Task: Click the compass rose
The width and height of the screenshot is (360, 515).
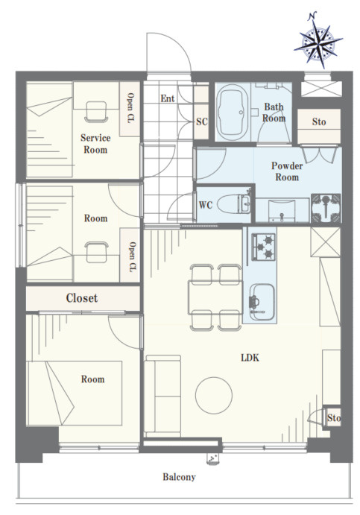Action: pyautogui.click(x=318, y=40)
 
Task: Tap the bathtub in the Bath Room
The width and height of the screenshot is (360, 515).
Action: pyautogui.click(x=232, y=112)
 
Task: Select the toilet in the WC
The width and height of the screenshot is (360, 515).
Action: pyautogui.click(x=234, y=204)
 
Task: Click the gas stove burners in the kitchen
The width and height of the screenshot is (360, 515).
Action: pyautogui.click(x=263, y=247)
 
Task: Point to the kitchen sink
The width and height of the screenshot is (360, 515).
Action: pyautogui.click(x=262, y=302)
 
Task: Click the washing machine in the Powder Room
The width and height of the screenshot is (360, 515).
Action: pyautogui.click(x=326, y=208)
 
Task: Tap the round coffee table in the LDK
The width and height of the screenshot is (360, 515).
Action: pyautogui.click(x=214, y=395)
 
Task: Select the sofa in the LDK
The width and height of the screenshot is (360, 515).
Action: pyautogui.click(x=162, y=396)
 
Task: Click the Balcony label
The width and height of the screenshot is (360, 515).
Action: pyautogui.click(x=179, y=477)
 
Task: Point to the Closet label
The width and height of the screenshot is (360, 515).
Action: pyautogui.click(x=82, y=298)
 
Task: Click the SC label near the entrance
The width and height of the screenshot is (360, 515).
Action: pyautogui.click(x=202, y=121)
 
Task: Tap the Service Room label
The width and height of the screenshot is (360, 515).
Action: pyautogui.click(x=95, y=144)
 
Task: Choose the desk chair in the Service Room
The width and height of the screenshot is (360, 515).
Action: pyautogui.click(x=96, y=112)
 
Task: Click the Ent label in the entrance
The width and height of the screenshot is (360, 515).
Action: pyautogui.click(x=167, y=98)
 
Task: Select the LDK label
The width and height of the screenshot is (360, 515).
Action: pyautogui.click(x=250, y=358)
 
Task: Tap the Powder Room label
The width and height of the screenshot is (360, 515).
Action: pyautogui.click(x=287, y=171)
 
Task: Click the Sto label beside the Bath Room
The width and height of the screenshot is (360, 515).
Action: pyautogui.click(x=319, y=121)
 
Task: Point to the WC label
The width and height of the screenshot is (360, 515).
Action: pyautogui.click(x=206, y=205)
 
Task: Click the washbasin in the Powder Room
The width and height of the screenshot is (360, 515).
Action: pyautogui.click(x=282, y=211)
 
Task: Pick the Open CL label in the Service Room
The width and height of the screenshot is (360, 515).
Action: pyautogui.click(x=130, y=107)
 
